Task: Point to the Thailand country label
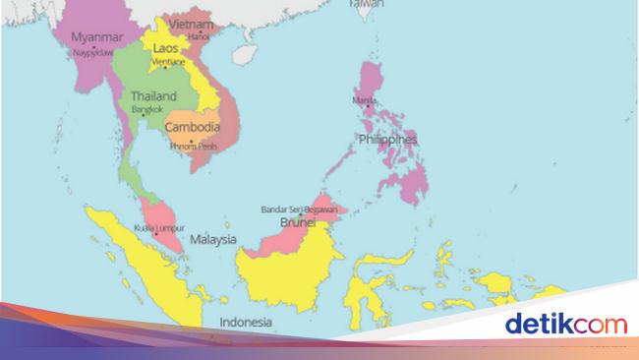(153, 96)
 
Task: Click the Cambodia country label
(192, 128)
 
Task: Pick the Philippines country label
(387, 140)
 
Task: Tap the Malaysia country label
(213, 239)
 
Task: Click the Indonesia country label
(246, 322)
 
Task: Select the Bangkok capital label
(146, 110)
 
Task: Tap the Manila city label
(365, 99)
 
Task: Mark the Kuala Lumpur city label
(154, 225)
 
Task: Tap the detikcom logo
(565, 323)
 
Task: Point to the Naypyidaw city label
(91, 51)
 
